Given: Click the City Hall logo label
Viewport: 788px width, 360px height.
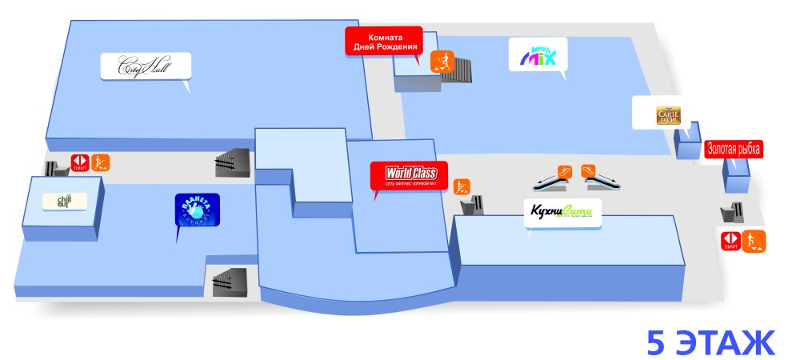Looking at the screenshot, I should coord(146,66).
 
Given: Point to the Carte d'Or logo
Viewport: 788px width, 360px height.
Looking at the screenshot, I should coord(667,114).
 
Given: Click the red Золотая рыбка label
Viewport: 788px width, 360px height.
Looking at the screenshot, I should coord(733,149).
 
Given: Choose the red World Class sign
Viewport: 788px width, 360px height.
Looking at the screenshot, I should coord(408,175).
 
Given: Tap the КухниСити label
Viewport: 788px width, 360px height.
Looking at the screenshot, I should coord(560,213).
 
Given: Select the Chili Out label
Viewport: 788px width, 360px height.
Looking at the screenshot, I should coord(64,201).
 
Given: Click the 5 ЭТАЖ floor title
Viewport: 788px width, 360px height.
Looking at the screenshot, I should coord(710,342).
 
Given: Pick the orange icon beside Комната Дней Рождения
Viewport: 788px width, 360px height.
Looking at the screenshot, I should coord(442,60).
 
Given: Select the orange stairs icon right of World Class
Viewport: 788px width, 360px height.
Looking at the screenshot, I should coord(462,187).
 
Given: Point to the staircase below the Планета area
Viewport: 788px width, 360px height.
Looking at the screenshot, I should coord(233,281).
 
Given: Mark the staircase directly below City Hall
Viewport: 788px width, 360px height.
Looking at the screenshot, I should coord(233,162).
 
